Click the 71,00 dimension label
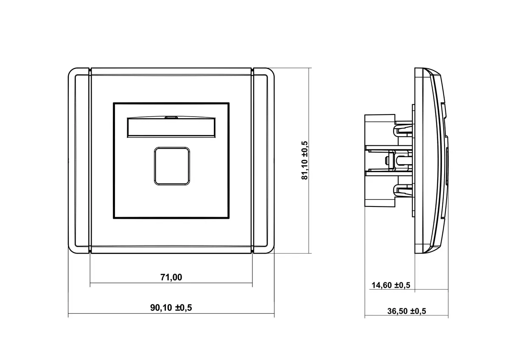coord(171,277)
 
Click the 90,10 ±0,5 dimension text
coord(171,307)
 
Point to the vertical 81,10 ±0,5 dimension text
coord(304,160)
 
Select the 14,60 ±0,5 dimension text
coord(391,285)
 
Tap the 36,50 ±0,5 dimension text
coord(406,311)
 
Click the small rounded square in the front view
coord(172,166)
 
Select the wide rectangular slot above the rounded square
coord(171,128)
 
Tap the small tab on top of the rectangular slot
coord(171,117)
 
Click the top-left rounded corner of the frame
coord(72,72)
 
